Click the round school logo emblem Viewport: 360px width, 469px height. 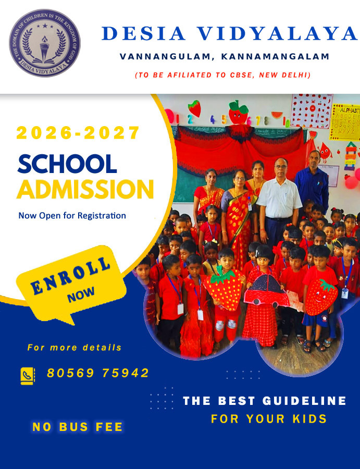pyautogui.click(x=44, y=43)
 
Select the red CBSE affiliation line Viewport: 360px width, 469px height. pyautogui.click(x=222, y=75)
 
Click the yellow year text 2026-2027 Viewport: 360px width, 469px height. pyautogui.click(x=78, y=133)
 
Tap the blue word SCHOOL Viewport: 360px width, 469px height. pyautogui.click(x=67, y=165)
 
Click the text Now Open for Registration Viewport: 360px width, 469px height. pyautogui.click(x=72, y=215)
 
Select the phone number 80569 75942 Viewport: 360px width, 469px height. pyautogui.click(x=98, y=373)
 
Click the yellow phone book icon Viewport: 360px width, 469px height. pyautogui.click(x=27, y=375)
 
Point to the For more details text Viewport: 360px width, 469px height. pyautogui.click(x=75, y=347)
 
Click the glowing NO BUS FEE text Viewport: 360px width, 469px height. pyautogui.click(x=78, y=427)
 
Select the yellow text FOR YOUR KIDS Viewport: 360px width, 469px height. pyautogui.click(x=269, y=419)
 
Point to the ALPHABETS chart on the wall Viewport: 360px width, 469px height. pyautogui.click(x=344, y=123)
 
